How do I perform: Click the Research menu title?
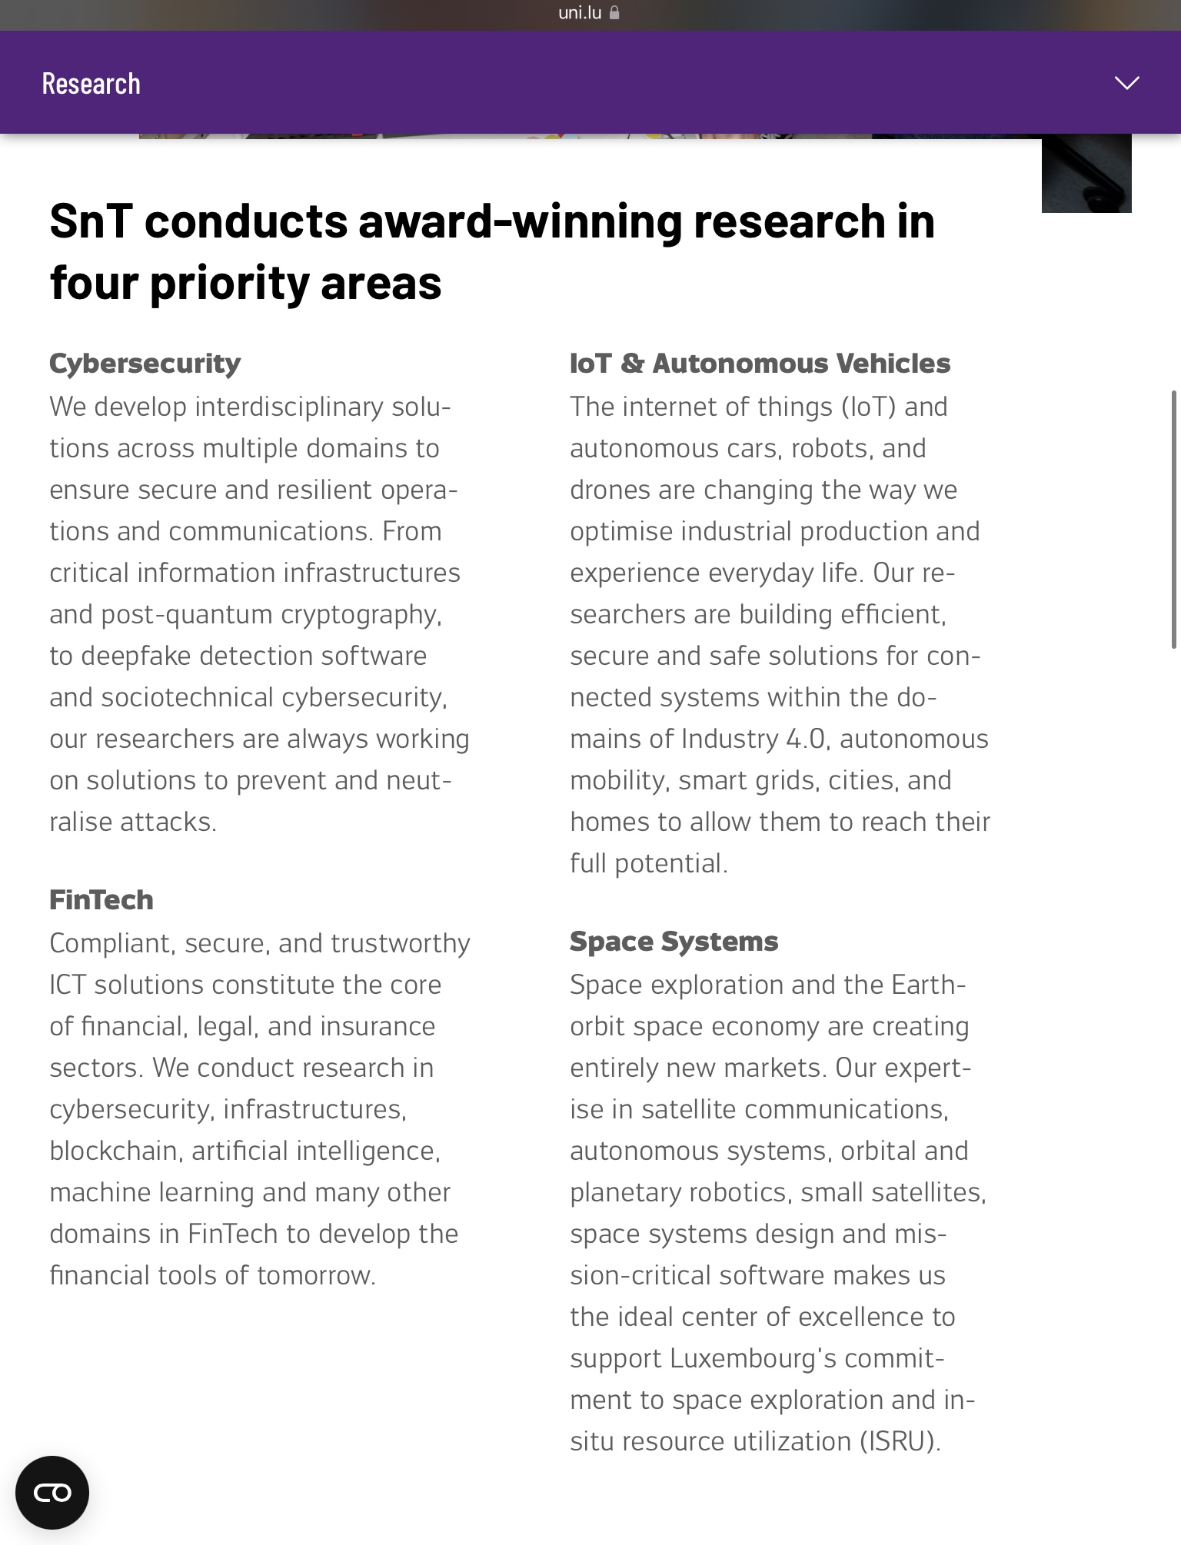tap(91, 84)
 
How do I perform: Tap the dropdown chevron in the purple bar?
tap(1126, 83)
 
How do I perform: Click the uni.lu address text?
tap(580, 13)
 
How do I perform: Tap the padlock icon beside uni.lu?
tap(614, 13)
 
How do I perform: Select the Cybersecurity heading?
tap(145, 364)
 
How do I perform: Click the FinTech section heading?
tap(101, 900)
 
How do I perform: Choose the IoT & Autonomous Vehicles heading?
tap(760, 364)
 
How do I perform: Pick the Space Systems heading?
tap(674, 942)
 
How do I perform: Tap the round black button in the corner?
tap(52, 1493)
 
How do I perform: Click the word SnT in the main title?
tap(91, 222)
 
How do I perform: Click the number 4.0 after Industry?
tap(805, 739)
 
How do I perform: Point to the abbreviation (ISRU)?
tap(900, 1442)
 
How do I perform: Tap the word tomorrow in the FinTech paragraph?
tap(315, 1276)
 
